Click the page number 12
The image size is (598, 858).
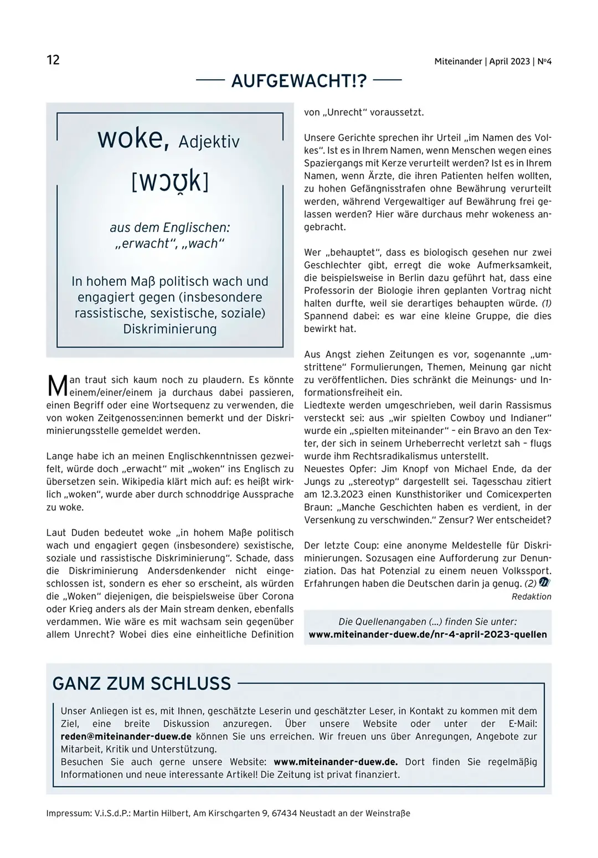53,60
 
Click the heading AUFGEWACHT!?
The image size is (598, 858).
299,81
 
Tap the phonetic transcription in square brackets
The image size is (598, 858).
169,182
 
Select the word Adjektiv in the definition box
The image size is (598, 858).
209,142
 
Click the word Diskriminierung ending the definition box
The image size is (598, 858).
169,329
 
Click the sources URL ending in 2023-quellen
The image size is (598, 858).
427,634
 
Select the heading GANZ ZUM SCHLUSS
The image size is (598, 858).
142,684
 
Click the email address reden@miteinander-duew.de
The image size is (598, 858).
126,736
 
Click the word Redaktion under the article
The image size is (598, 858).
531,597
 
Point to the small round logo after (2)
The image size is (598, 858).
545,583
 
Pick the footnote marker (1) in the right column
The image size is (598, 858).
546,303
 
